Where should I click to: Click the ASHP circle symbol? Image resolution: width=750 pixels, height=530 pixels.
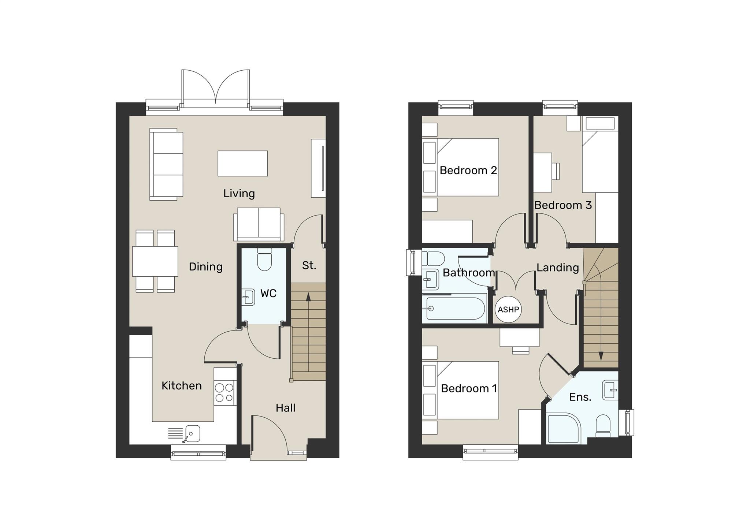pyautogui.click(x=508, y=309)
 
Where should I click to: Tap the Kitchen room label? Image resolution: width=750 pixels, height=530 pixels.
pyautogui.click(x=182, y=386)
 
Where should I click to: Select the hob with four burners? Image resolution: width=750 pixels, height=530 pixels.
pyautogui.click(x=224, y=392)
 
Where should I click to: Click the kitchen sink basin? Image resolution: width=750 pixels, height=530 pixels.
pyautogui.click(x=192, y=434)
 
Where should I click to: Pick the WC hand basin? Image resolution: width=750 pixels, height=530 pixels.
pyautogui.click(x=249, y=297)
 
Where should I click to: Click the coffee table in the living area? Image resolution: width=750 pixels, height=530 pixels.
pyautogui.click(x=242, y=163)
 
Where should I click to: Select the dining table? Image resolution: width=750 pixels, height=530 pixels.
pyautogui.click(x=155, y=261)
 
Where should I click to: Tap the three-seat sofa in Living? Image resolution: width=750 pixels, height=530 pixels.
pyautogui.click(x=166, y=164)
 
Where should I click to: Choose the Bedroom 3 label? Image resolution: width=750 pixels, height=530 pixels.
pyautogui.click(x=563, y=205)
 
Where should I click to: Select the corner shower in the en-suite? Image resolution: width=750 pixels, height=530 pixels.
pyautogui.click(x=562, y=429)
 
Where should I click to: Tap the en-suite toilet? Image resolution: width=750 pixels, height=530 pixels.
pyautogui.click(x=603, y=425)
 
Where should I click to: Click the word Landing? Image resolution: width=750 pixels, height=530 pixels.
pyautogui.click(x=557, y=268)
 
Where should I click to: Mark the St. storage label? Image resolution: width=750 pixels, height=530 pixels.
pyautogui.click(x=309, y=265)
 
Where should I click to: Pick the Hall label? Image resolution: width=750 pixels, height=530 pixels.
pyautogui.click(x=285, y=408)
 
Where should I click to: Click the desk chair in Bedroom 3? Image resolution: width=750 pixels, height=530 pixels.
pyautogui.click(x=556, y=171)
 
